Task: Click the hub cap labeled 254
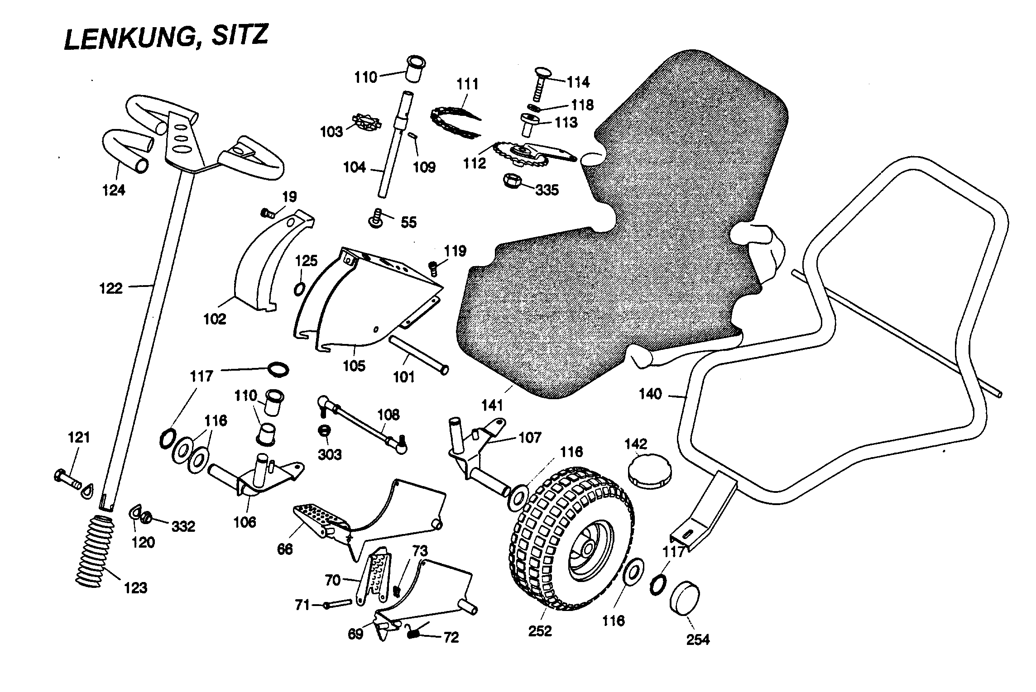(685, 600)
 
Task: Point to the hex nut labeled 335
(513, 181)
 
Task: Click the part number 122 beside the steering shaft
(111, 288)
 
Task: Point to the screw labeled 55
(376, 219)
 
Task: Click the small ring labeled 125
(299, 288)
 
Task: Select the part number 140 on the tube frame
(650, 394)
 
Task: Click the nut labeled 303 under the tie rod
(324, 430)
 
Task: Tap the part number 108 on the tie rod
(388, 415)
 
